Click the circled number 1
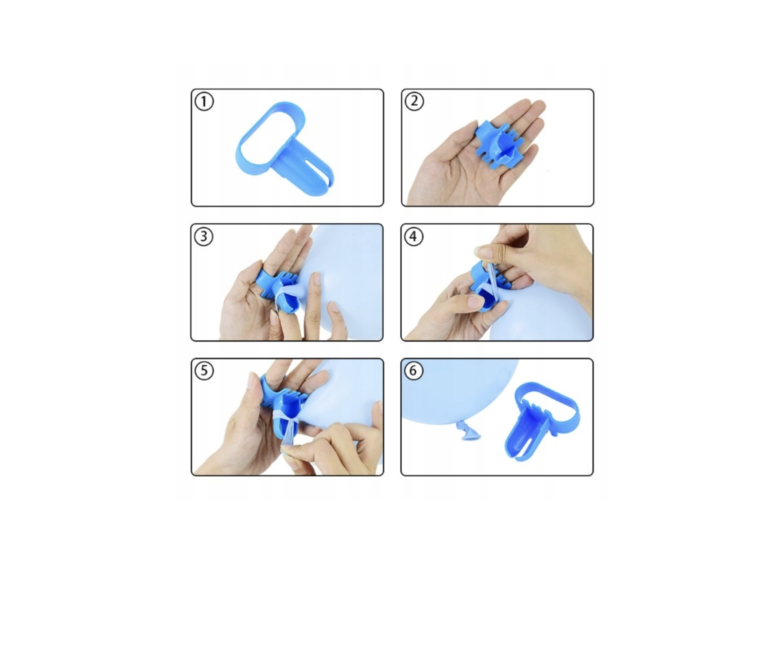point(204,101)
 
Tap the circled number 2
point(414,101)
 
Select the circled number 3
point(203,236)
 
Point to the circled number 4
point(414,236)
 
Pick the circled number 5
point(204,371)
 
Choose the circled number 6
point(413,371)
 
